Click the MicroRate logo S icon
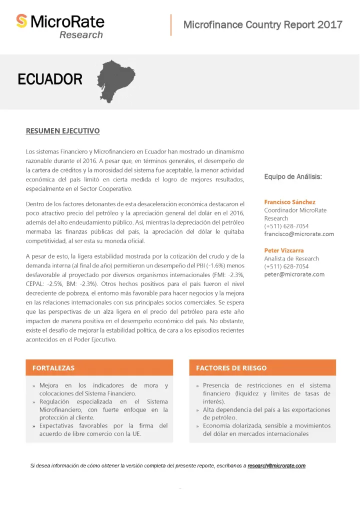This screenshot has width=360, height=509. pyautogui.click(x=21, y=21)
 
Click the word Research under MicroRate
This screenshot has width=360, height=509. pyautogui.click(x=81, y=34)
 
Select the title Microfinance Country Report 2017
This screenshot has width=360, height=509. pyautogui.click(x=263, y=24)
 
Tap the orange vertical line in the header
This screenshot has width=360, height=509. pyautogui.click(x=171, y=25)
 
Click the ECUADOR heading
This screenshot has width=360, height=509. pyautogui.click(x=50, y=79)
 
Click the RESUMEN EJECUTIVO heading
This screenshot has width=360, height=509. pyautogui.click(x=62, y=131)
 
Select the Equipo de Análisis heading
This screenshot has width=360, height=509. pyautogui.click(x=293, y=176)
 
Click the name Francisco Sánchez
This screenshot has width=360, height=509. pyautogui.click(x=289, y=202)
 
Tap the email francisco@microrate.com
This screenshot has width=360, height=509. pyautogui.click(x=299, y=234)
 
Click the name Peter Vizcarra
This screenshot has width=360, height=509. pyautogui.click(x=284, y=250)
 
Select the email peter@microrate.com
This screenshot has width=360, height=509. pyautogui.click(x=294, y=274)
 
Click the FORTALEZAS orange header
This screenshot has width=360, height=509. pyautogui.click(x=53, y=368)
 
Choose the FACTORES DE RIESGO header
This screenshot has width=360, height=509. pyautogui.click(x=231, y=368)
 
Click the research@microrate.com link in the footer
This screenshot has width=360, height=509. pyautogui.click(x=276, y=466)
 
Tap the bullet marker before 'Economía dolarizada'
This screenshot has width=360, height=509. pyautogui.click(x=198, y=426)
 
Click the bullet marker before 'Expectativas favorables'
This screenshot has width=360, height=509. pyautogui.click(x=34, y=426)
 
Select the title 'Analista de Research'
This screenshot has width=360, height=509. pyautogui.click(x=291, y=258)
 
